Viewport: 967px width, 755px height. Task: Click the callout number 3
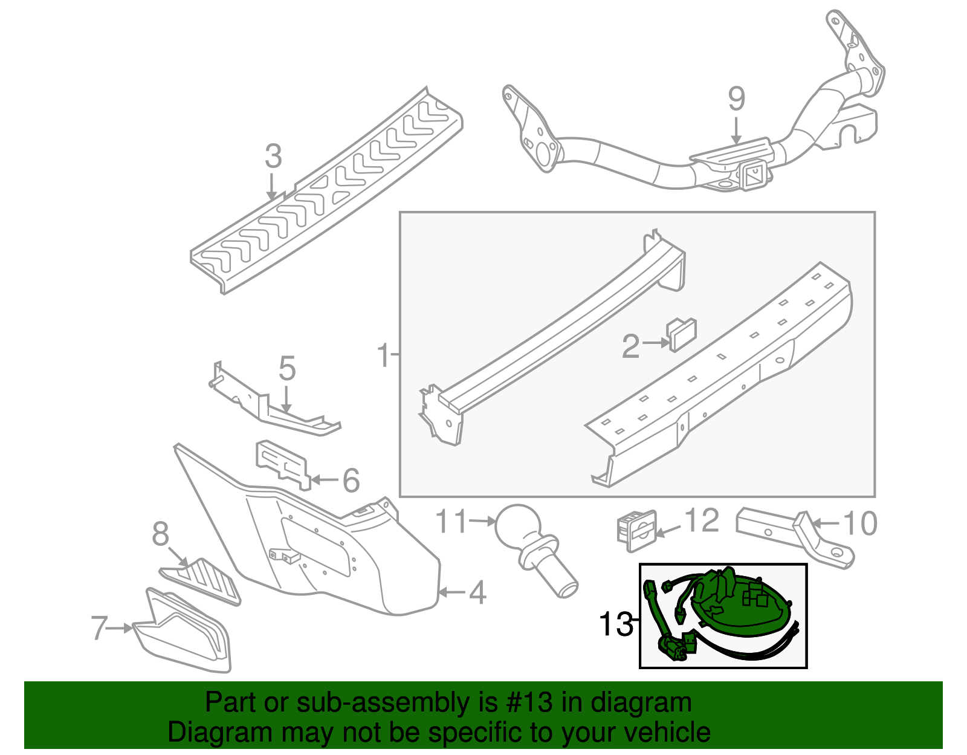(273, 156)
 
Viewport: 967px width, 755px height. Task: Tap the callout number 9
(736, 99)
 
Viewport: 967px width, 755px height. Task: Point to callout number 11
(452, 521)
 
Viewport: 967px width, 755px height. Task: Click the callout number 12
(702, 520)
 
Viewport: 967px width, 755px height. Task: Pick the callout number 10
(860, 523)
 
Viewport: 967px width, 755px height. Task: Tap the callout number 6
(351, 481)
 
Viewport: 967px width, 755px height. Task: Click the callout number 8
(161, 534)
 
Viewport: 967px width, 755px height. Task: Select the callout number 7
(100, 628)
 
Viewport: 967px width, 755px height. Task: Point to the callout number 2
(630, 346)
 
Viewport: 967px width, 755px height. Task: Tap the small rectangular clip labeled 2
(681, 334)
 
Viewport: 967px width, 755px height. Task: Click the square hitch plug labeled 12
(636, 530)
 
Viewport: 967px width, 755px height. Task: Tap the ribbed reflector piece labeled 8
(205, 579)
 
